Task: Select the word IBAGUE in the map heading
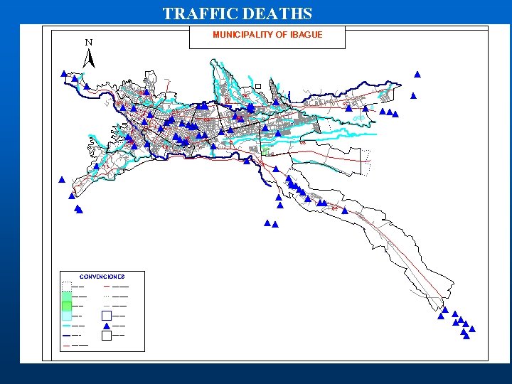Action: point(306,35)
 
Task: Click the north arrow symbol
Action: point(89,59)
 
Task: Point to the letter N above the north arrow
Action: point(89,43)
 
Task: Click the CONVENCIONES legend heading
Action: point(102,277)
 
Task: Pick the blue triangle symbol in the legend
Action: point(106,326)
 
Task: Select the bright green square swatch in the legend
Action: point(66,306)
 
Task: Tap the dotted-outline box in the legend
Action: point(66,286)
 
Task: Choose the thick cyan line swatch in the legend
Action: point(66,325)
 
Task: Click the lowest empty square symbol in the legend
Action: point(106,336)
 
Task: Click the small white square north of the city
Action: point(258,86)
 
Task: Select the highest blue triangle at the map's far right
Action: point(417,74)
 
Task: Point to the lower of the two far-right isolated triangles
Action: point(413,95)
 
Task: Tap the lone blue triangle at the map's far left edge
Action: point(62,179)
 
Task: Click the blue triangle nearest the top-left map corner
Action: point(64,73)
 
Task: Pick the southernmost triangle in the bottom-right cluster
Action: point(466,336)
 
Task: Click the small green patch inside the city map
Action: point(266,150)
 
